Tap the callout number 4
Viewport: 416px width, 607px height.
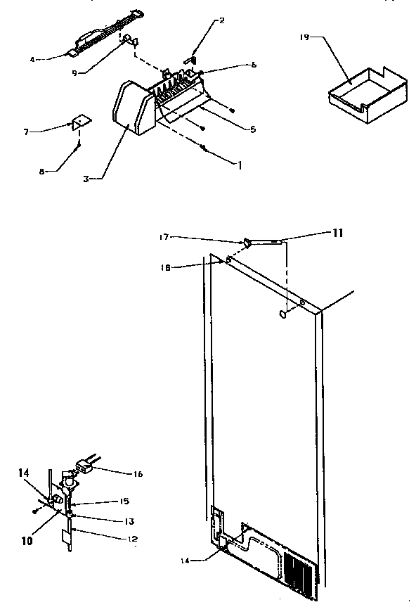coord(52,59)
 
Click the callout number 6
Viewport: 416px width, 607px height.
coord(253,65)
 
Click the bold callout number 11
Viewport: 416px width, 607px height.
coord(337,233)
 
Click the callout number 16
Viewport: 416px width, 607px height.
coord(138,474)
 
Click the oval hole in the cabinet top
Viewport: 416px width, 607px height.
coord(282,314)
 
